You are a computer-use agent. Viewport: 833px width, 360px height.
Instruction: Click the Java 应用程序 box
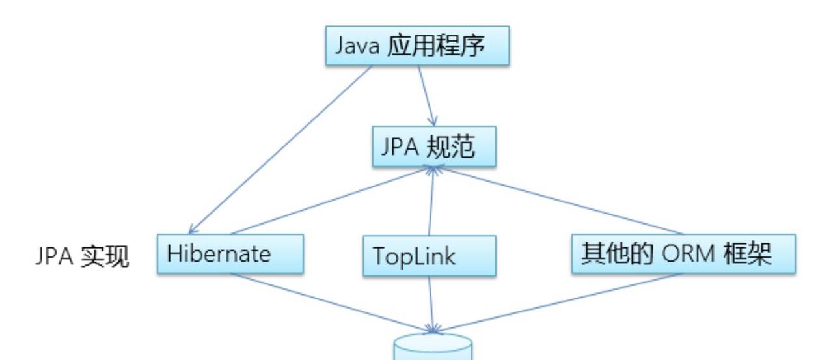[417, 46]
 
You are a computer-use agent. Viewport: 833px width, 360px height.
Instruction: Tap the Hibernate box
[230, 254]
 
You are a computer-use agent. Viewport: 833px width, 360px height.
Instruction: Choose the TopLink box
[430, 255]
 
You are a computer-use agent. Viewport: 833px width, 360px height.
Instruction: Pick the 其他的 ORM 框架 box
[683, 254]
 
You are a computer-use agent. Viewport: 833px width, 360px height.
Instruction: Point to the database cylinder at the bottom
[432, 348]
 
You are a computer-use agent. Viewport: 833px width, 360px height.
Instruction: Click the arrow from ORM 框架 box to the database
[560, 299]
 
